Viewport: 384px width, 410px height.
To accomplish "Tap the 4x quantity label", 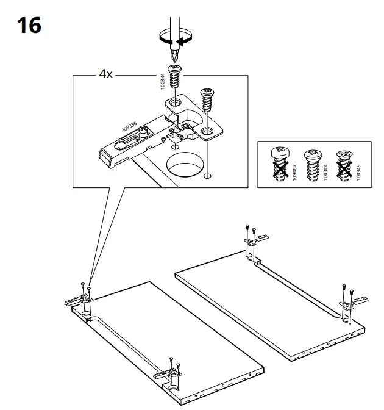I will [105, 74].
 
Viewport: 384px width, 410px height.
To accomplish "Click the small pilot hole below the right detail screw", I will [208, 176].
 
